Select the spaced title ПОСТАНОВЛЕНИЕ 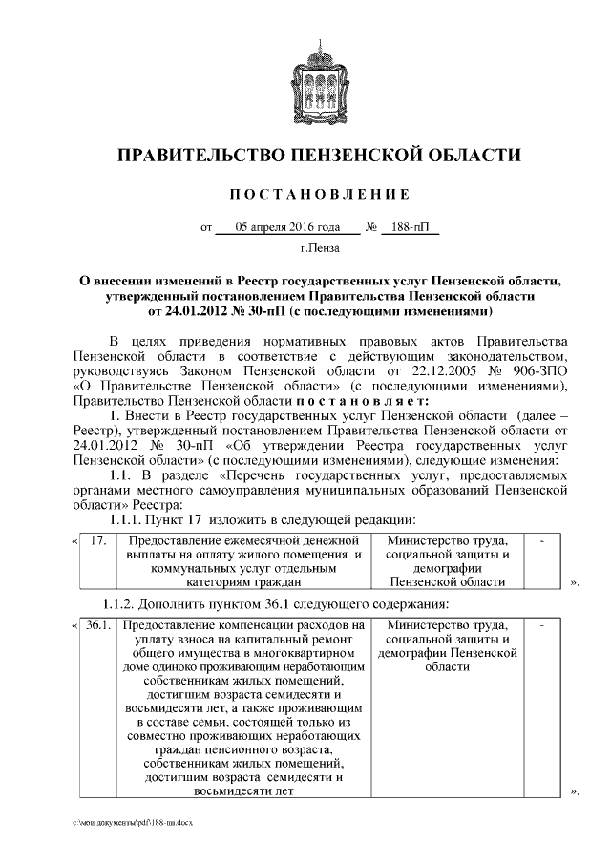click(x=320, y=194)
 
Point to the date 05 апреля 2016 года click(x=288, y=228)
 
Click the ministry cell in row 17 click(x=447, y=561)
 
